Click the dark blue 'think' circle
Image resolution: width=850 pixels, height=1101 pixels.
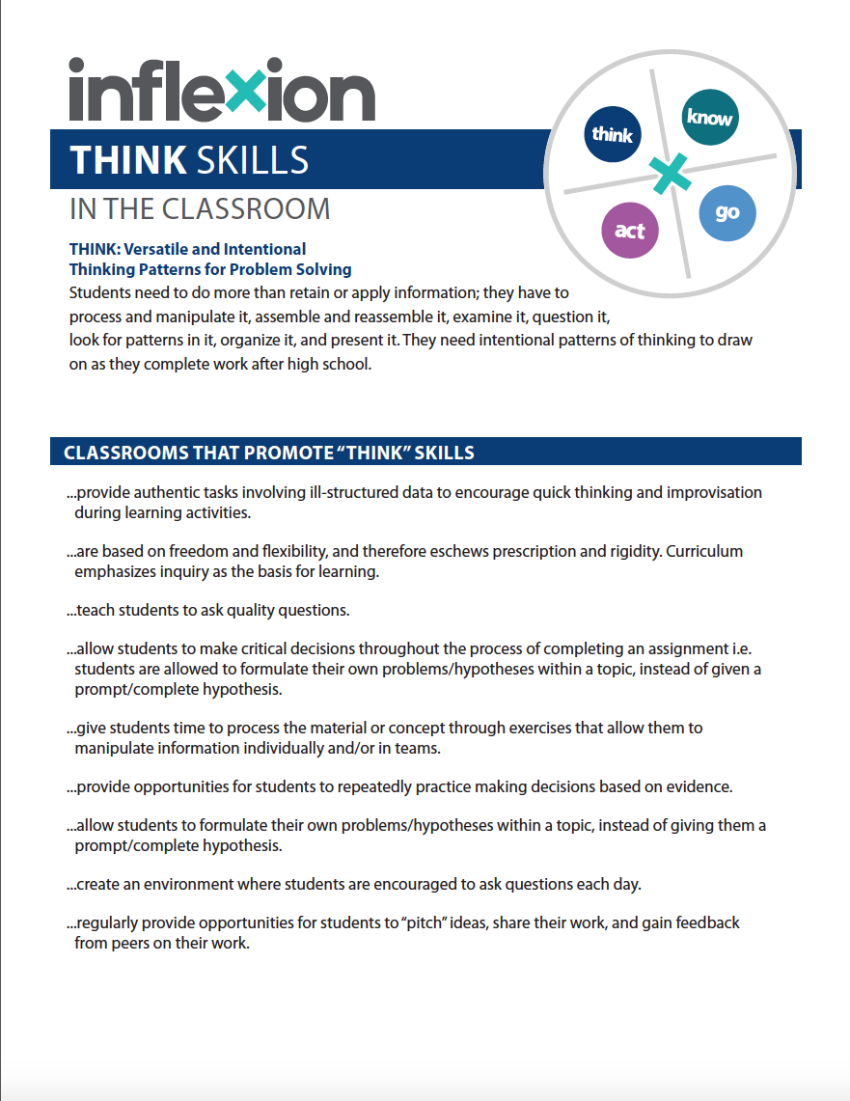pyautogui.click(x=612, y=134)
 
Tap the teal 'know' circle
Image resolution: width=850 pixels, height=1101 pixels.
pyautogui.click(x=709, y=118)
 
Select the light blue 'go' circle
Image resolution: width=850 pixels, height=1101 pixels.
pyautogui.click(x=727, y=212)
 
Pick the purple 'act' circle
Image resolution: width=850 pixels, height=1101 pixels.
pyautogui.click(x=629, y=232)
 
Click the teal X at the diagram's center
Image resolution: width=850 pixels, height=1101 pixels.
pyautogui.click(x=669, y=174)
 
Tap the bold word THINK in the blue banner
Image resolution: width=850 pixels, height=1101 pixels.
pyautogui.click(x=128, y=160)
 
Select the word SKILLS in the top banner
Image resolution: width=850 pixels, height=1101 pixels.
pyautogui.click(x=252, y=160)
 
